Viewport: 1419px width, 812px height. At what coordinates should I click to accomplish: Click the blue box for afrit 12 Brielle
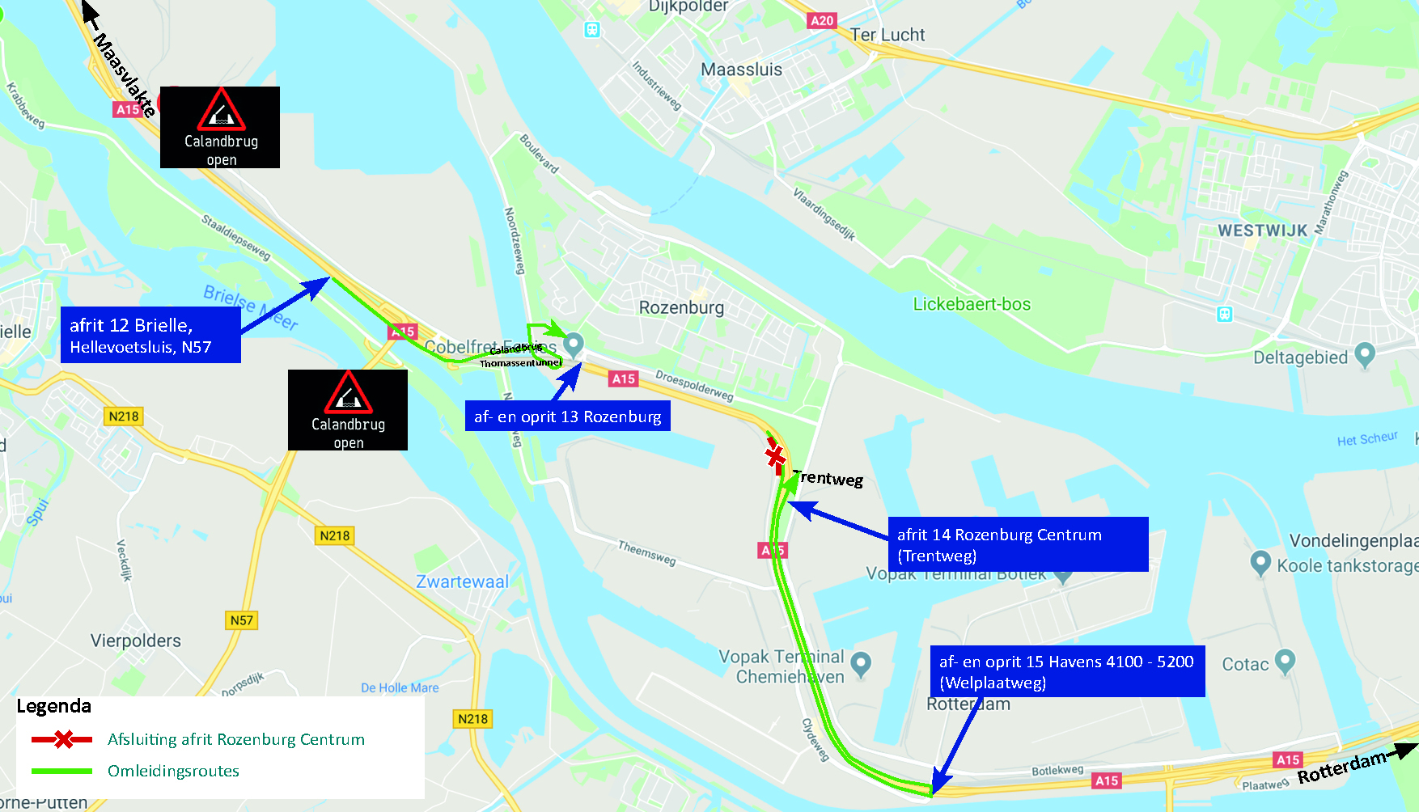tap(150, 336)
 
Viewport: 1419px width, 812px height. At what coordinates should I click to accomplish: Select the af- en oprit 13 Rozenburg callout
tap(567, 417)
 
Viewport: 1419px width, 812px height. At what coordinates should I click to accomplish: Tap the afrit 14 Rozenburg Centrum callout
tap(1017, 544)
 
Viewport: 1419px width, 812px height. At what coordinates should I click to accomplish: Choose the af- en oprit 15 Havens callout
tap(1066, 671)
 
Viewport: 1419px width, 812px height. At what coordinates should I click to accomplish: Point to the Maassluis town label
tap(741, 70)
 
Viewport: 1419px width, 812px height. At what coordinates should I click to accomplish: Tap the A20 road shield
tap(821, 21)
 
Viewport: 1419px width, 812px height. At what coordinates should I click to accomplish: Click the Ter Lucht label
tap(887, 35)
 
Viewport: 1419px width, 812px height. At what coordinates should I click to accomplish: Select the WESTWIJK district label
tap(1262, 230)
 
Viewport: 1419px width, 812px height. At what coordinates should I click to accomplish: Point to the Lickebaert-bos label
tap(972, 304)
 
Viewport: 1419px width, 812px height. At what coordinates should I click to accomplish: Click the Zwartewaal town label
tap(462, 582)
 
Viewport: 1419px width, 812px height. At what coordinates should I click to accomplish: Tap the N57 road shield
tap(241, 620)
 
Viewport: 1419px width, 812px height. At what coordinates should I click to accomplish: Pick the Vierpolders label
tap(136, 641)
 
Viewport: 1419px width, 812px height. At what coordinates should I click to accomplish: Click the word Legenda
tap(54, 706)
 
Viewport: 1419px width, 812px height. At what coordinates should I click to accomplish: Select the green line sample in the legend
tap(61, 771)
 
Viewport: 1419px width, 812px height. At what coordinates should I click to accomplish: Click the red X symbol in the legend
tap(62, 739)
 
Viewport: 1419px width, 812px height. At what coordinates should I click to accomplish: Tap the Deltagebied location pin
tap(1364, 354)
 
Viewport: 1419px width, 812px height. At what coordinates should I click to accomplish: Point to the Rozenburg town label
tap(681, 307)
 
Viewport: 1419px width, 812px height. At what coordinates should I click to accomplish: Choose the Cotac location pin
tap(1285, 661)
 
